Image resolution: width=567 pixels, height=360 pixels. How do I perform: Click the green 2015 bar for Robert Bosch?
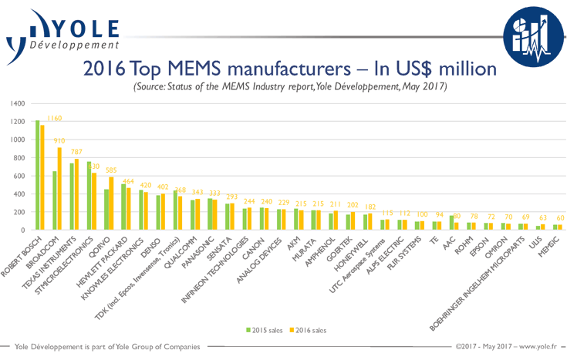[37, 176]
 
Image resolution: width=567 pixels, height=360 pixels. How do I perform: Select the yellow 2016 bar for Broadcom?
[60, 189]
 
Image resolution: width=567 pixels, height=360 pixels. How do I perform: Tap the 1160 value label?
[54, 119]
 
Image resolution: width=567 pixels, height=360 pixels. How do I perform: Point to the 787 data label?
[76, 153]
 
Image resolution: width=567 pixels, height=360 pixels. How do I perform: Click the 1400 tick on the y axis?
[18, 103]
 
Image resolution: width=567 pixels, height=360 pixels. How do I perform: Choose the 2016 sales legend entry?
[306, 331]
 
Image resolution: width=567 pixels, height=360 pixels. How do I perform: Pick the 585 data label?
[113, 171]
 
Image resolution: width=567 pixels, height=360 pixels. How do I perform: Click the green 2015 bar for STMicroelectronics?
[90, 196]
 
